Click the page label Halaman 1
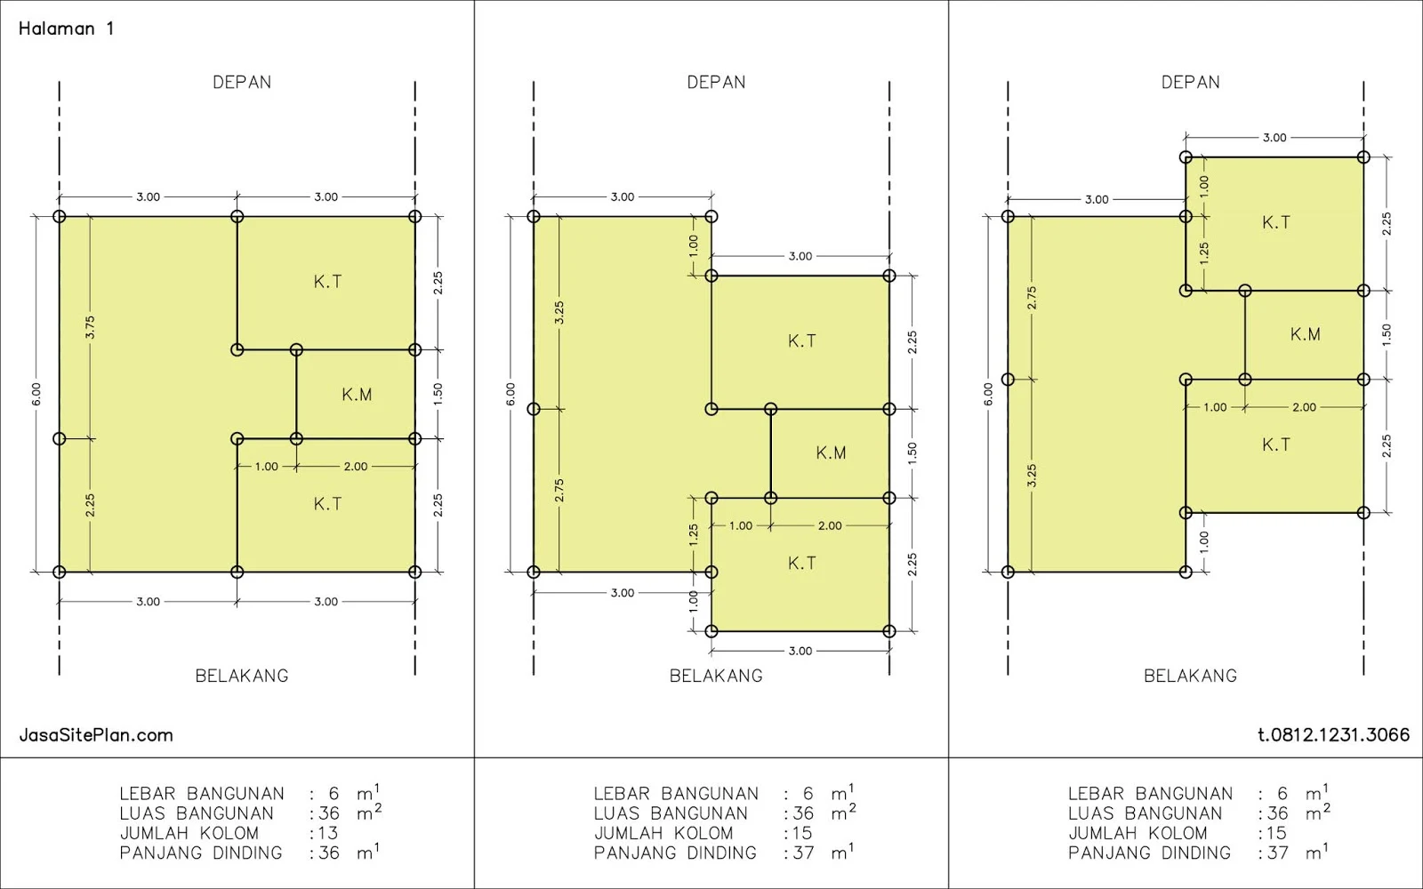coord(66,28)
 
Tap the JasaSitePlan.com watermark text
coord(96,735)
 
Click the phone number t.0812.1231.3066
coord(1333,734)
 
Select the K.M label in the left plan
coord(357,395)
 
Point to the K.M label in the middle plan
coord(831,453)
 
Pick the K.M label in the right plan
coord(1306,334)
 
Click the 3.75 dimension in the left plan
coord(90,328)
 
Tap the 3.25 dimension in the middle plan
coord(559,312)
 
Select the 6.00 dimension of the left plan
coord(36,395)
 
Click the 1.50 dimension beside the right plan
coord(1387,334)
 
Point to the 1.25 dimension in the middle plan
coord(694,534)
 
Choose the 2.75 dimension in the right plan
coord(1032,298)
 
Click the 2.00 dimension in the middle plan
coord(830,525)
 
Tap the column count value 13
coord(328,833)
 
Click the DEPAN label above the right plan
coord(1191,83)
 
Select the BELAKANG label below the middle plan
coord(716,676)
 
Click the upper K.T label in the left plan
coord(328,282)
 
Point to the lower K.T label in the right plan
coord(1276,445)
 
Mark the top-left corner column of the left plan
coord(59,217)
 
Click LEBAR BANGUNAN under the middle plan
coord(676,794)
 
